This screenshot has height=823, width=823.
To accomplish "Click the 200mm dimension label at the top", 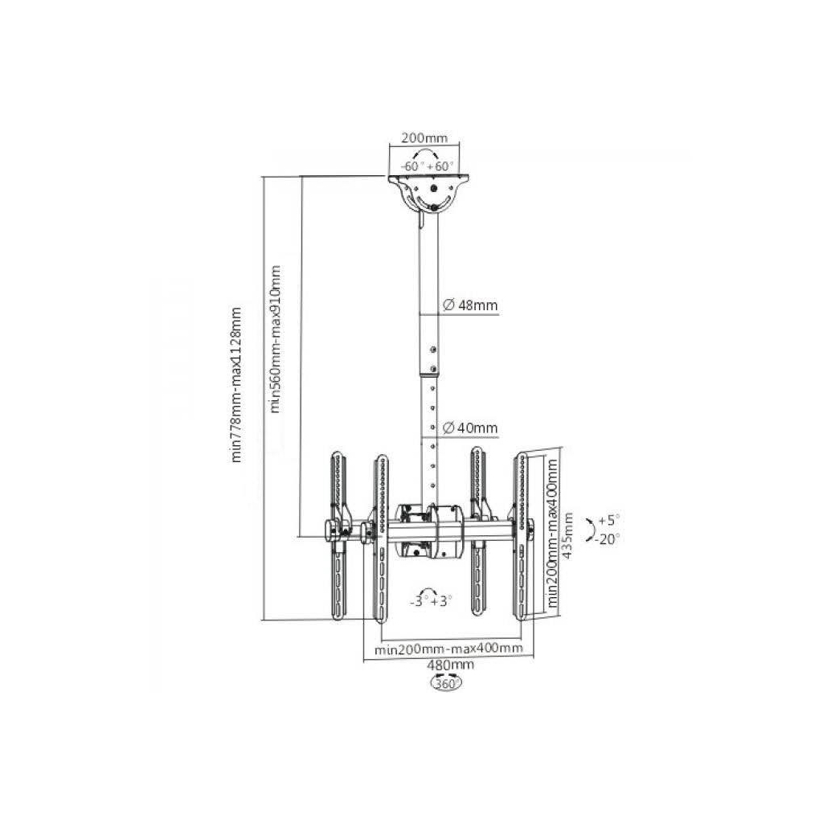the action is pyautogui.click(x=424, y=138).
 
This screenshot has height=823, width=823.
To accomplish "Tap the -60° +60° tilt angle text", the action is pyautogui.click(x=426, y=166).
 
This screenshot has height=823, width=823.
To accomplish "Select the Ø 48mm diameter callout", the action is pyautogui.click(x=469, y=305).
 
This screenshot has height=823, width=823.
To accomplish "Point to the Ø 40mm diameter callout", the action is pyautogui.click(x=469, y=428).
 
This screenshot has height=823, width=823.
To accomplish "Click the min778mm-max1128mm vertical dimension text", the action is pyautogui.click(x=237, y=385).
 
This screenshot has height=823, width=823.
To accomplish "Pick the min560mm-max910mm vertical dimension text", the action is pyautogui.click(x=276, y=338).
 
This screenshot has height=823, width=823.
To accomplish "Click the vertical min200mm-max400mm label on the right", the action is pyautogui.click(x=551, y=534).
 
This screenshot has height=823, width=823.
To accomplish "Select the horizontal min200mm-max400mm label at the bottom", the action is pyautogui.click(x=448, y=649).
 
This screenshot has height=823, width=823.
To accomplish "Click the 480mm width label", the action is pyautogui.click(x=450, y=665).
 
